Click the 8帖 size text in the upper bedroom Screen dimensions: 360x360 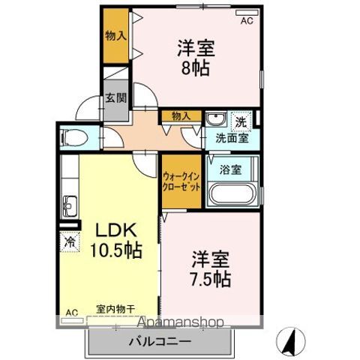click(196, 66)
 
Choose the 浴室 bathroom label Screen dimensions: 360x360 click(231, 169)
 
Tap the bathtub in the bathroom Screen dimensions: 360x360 click(232, 194)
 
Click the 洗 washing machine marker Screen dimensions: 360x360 click(240, 121)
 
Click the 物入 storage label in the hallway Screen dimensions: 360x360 click(181, 115)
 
